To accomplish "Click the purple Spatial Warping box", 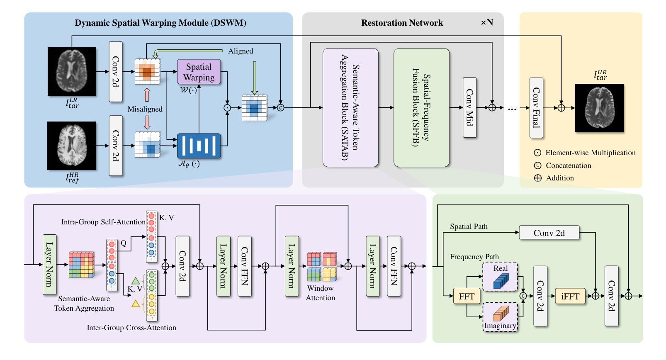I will point(199,72).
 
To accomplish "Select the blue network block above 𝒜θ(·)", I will point(199,146).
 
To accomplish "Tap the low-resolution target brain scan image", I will point(72,71).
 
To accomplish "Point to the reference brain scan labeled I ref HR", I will point(72,146).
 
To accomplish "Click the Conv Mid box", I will point(469,107).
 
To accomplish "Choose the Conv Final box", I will point(536,107).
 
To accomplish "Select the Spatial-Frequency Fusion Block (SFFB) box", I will point(421,107).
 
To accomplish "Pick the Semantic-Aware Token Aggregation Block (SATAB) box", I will point(350,107).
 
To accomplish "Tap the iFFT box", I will point(570,296).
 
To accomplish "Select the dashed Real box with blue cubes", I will point(500,276).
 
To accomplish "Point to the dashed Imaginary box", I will point(500,316).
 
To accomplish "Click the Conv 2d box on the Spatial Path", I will point(549,233).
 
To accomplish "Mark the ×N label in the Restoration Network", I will point(487,23).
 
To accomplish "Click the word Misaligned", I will point(145,109).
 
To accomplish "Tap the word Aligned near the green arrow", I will point(241,51).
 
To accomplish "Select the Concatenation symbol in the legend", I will point(538,165).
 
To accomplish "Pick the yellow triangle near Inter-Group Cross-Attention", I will point(135,304).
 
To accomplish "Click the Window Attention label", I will point(320,293).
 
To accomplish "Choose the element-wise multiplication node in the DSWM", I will point(227,107).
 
